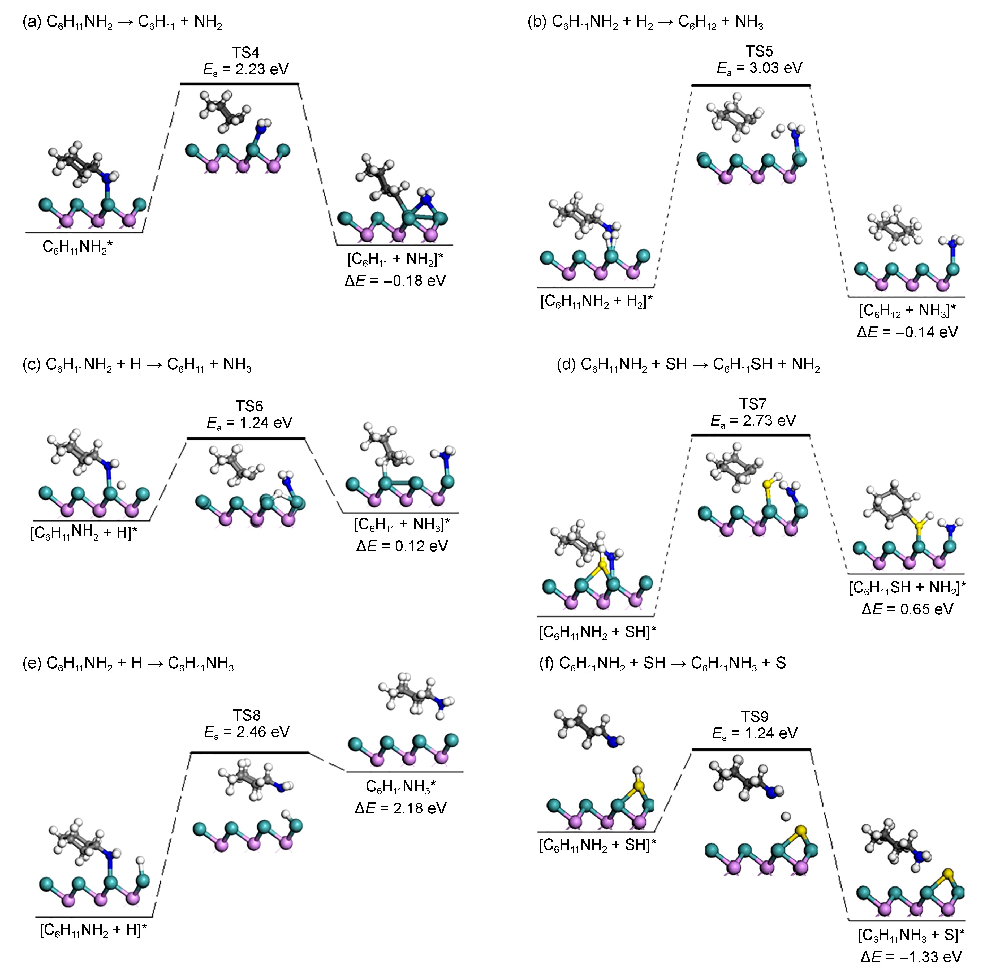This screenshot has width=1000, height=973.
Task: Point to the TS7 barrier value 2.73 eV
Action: coord(753,421)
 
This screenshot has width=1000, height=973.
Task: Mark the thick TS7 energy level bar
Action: coord(751,435)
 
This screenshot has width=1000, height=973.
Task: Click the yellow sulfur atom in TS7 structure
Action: coord(768,483)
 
